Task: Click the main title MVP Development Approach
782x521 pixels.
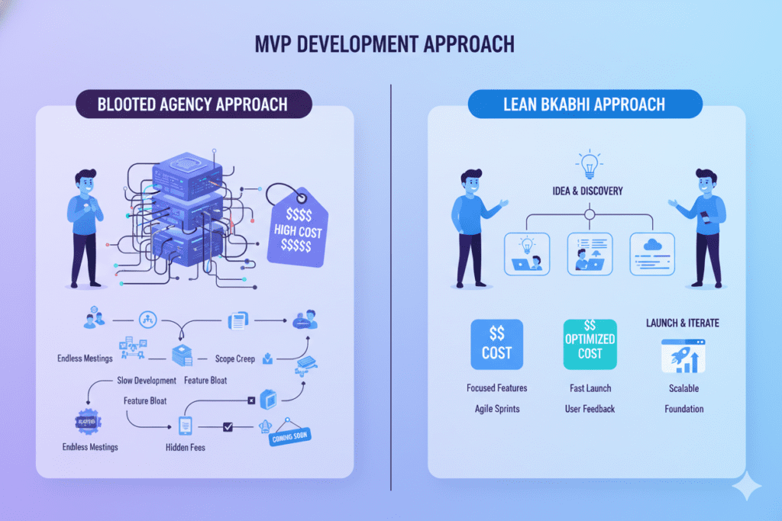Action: (x=384, y=43)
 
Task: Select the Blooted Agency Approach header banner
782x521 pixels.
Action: (x=193, y=105)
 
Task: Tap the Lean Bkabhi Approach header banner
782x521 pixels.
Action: (x=584, y=105)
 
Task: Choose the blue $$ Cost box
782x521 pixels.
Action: (x=496, y=344)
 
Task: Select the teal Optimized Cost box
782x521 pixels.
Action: (x=589, y=344)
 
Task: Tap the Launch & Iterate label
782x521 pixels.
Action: (x=683, y=323)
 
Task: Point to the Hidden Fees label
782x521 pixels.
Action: (x=186, y=447)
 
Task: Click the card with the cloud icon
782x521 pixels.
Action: (x=651, y=255)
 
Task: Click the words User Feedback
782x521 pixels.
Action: (x=590, y=409)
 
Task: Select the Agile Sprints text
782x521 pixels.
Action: (x=496, y=409)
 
